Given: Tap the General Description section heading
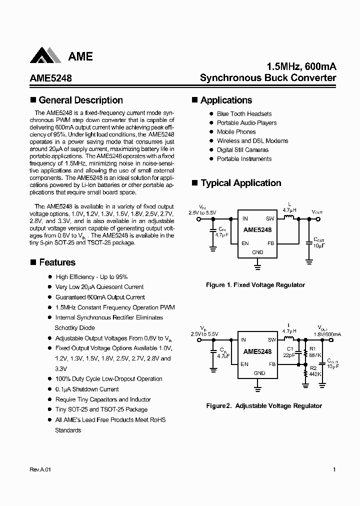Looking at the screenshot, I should point(80,100).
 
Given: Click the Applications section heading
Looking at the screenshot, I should point(226,100).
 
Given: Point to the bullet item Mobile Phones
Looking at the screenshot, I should point(236,132).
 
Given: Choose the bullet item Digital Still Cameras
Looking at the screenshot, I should point(242,150).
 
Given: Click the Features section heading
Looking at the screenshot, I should point(57,262).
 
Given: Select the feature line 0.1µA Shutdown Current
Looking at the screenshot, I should point(87,389).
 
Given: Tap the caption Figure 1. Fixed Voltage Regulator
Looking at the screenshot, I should point(255,285).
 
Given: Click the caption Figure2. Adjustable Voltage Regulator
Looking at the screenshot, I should point(264,406).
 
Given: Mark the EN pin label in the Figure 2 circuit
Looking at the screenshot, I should point(244,364).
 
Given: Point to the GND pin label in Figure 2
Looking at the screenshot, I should point(259,373).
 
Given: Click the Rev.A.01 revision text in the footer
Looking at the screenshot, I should point(37,470).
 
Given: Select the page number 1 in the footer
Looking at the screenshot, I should point(334,470).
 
